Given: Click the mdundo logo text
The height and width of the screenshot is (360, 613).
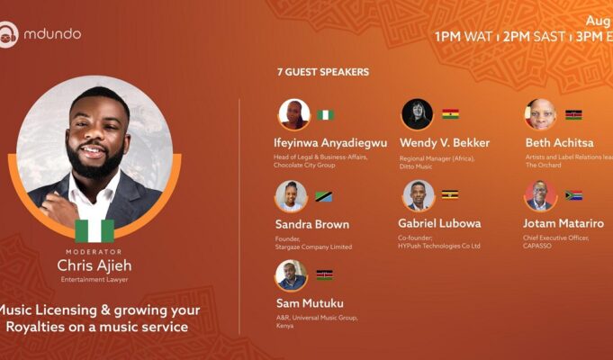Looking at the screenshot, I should pos(52,34).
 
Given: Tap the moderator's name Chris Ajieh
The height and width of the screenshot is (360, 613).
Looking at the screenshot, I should pos(95,266).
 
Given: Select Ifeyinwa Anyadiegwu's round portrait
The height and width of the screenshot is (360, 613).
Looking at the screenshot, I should pos(293,114).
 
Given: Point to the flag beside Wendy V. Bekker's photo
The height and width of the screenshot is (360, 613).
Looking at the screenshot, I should pos(450,114).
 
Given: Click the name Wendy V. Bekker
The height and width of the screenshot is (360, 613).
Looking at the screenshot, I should pos(444,143).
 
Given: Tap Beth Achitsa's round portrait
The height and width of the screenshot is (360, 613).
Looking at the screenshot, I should pos(540,114).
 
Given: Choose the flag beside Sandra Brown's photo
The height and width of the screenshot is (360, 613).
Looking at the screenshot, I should pos(324,196).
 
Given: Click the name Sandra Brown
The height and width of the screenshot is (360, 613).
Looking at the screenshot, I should pos(311,224).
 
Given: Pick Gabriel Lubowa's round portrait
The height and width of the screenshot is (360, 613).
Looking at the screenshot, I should pos(418,195).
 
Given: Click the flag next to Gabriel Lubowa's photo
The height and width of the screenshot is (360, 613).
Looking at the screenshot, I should pos(450,194).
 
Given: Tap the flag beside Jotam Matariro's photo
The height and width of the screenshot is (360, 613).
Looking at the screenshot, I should pos(573,195).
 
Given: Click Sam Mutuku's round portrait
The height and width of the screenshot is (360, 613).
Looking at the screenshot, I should pos(292,275).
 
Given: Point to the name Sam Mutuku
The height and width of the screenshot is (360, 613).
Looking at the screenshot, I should pos(309,303).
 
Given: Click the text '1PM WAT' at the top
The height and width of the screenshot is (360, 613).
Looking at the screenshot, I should pos(463,37).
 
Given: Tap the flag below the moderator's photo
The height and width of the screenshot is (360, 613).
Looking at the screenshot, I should pos(95,230).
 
